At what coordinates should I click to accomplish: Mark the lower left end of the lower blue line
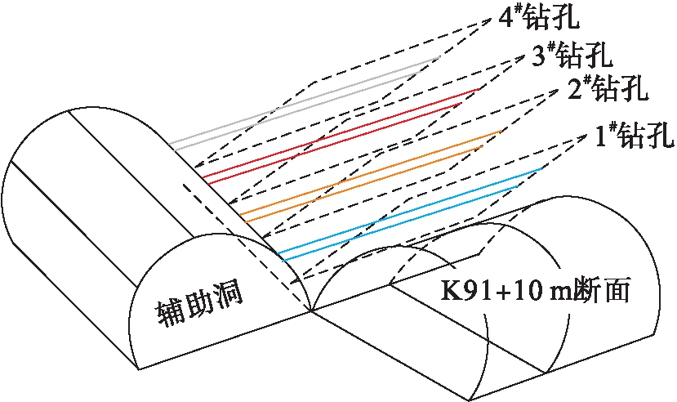283,261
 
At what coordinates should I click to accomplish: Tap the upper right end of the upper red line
479,89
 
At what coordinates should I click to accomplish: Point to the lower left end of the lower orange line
245,222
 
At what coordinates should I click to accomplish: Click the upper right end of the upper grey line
440,56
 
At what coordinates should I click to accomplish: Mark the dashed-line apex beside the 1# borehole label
589,134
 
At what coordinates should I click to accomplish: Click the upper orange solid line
371,172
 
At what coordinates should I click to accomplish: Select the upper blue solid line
410,210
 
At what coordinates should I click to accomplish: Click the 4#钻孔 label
538,18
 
